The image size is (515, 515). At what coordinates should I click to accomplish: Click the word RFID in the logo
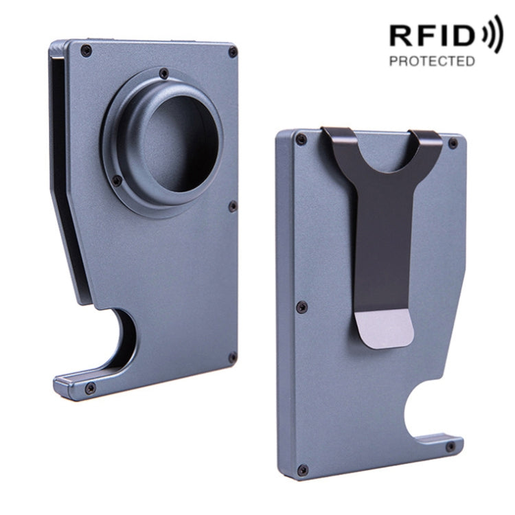coord(432,36)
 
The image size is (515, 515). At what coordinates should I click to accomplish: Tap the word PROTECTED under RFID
coord(431,61)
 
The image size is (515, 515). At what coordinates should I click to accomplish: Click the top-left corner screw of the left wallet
coord(86,50)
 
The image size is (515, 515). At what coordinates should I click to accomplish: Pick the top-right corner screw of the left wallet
coord(233,52)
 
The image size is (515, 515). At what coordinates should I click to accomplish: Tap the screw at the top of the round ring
coord(163,73)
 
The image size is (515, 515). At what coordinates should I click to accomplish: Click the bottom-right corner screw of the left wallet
coord(232,358)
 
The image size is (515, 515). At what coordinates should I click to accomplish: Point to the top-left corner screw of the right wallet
coord(301,140)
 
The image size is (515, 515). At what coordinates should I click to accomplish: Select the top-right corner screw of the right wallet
coord(453,143)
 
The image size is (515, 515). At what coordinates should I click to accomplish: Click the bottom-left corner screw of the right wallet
coord(302,470)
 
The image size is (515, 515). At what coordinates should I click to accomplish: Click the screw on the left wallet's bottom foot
coord(90,388)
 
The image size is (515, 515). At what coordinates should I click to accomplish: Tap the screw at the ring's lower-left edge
coord(117,181)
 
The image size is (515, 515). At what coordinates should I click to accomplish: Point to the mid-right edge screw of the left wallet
coord(233,206)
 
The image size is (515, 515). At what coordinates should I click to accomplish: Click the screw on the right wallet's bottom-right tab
coord(450,447)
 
